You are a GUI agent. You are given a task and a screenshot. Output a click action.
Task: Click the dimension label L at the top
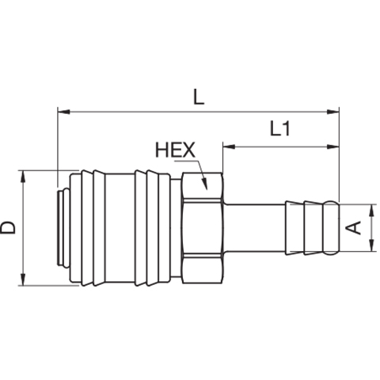(199, 97)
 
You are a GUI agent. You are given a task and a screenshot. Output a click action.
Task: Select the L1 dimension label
(280, 128)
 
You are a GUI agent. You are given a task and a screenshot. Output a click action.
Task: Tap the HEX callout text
(175, 150)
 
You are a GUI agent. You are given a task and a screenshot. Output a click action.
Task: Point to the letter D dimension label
(8, 227)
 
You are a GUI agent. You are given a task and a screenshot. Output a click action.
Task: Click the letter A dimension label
(354, 228)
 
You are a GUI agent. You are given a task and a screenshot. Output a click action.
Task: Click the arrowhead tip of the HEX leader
(207, 189)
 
